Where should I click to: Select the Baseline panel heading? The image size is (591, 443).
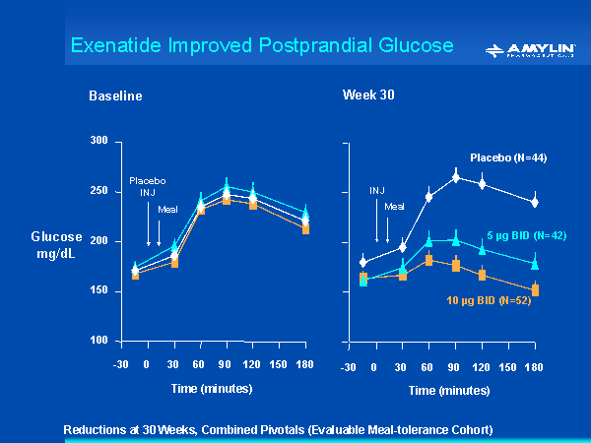[x=115, y=96]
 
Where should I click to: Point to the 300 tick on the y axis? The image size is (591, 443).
[x=98, y=141]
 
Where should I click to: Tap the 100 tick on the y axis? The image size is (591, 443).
[x=98, y=341]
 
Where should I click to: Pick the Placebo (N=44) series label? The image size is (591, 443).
[x=508, y=158]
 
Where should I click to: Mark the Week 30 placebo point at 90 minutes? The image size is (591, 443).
[x=456, y=177]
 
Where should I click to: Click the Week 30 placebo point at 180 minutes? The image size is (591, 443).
[x=535, y=202]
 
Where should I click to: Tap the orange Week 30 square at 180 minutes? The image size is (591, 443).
[x=535, y=290]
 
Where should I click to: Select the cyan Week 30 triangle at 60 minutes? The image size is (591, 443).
[x=429, y=241]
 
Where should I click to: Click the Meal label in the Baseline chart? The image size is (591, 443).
[x=167, y=209]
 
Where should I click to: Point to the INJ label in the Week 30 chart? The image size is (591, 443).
[x=377, y=190]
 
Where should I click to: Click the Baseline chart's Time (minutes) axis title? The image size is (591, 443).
[x=213, y=388]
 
